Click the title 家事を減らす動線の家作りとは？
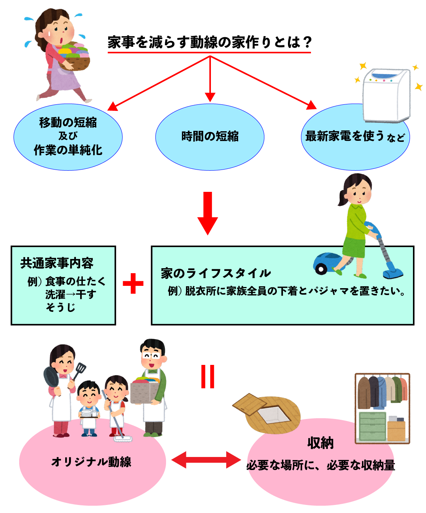(209, 42)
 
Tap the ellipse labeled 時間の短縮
(210, 137)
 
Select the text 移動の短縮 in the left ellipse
(68, 122)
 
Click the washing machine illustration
(386, 95)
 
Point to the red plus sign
(133, 284)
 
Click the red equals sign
(208, 376)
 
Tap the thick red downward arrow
(207, 213)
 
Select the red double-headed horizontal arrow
(206, 459)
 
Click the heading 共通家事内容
(57, 263)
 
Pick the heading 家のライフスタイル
(216, 273)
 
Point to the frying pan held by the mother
(51, 377)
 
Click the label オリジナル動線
(91, 462)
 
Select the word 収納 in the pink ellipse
(320, 443)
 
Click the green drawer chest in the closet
(372, 426)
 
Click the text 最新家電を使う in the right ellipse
(344, 136)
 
